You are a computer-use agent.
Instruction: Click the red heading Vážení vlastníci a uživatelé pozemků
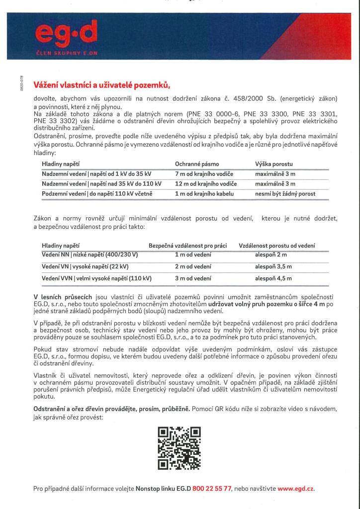pyautogui.click(x=101, y=85)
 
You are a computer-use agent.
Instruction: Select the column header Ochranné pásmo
pyautogui.click(x=197, y=164)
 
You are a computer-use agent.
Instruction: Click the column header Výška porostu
pyautogui.click(x=274, y=164)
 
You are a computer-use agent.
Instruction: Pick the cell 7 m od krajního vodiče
pyautogui.click(x=204, y=173)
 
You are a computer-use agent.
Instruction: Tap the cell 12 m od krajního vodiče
pyautogui.click(x=206, y=184)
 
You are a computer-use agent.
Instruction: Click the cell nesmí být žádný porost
pyautogui.click(x=285, y=194)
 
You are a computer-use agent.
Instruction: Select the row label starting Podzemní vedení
pyautogui.click(x=96, y=194)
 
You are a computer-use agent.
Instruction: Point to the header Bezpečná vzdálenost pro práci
pyautogui.click(x=187, y=246)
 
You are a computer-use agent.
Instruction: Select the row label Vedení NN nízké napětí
pyautogui.click(x=90, y=255)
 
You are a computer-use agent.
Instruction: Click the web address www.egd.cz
pyautogui.click(x=296, y=489)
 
